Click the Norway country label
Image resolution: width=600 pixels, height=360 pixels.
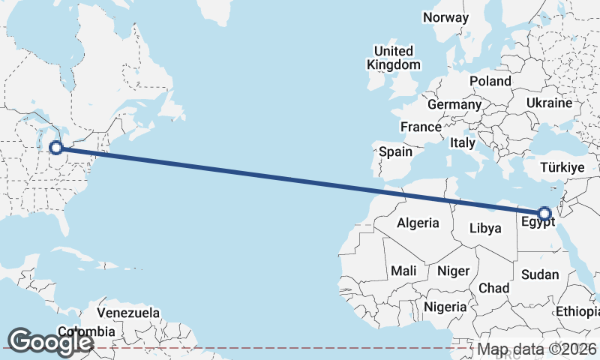click(x=445, y=17)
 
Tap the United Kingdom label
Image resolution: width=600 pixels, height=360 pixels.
click(x=394, y=58)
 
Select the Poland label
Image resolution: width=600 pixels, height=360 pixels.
click(x=490, y=81)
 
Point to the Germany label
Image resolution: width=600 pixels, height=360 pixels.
click(x=454, y=104)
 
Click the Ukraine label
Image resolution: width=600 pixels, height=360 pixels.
click(x=549, y=103)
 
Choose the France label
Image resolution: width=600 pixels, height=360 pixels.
click(x=421, y=127)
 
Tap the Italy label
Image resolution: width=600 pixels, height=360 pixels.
click(x=463, y=142)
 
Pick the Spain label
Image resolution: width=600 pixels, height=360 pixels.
click(x=395, y=151)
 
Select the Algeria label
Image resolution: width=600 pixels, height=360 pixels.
click(x=417, y=223)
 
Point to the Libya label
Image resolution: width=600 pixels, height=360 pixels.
click(x=484, y=228)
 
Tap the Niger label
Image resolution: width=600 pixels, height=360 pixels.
click(x=453, y=271)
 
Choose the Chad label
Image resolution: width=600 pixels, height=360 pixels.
click(x=493, y=288)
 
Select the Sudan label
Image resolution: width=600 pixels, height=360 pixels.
click(x=540, y=274)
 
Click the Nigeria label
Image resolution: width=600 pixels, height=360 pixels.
click(x=445, y=307)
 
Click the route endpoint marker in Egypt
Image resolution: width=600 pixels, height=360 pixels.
click(x=544, y=213)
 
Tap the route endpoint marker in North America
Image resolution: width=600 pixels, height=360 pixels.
click(x=55, y=148)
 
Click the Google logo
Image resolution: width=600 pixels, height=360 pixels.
click(x=50, y=341)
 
